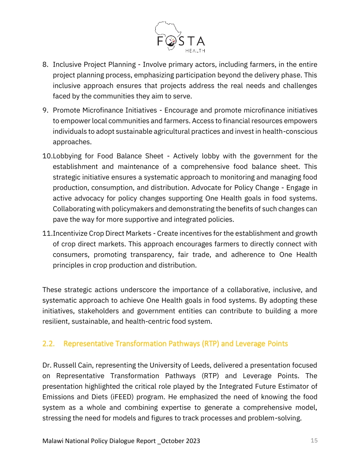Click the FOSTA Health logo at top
pyautogui.click(x=180, y=37)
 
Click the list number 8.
pyautogui.click(x=45, y=65)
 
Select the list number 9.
pyautogui.click(x=45, y=110)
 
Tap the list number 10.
pyautogui.click(x=47, y=156)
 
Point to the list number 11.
pyautogui.click(x=47, y=233)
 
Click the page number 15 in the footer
pyautogui.click(x=314, y=440)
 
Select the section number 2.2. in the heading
pyautogui.click(x=49, y=343)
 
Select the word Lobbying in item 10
pyautogui.click(x=67, y=156)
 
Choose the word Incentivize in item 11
pyautogui.click(x=71, y=233)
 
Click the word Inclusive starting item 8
pyautogui.click(x=66, y=65)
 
